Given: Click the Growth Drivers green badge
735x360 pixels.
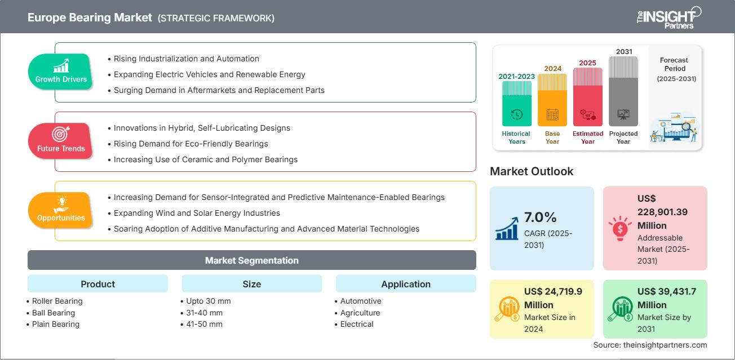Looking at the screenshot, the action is (60, 72).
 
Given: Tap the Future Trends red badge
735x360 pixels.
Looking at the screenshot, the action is (60, 141).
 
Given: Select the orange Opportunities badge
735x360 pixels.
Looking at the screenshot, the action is (60, 210).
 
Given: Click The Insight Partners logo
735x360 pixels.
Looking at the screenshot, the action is (668, 17).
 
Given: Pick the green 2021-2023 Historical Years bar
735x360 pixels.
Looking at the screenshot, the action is (516, 104).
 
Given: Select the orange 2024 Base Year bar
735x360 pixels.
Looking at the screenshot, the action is (552, 100).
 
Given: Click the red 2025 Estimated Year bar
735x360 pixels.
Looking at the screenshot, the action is (588, 97).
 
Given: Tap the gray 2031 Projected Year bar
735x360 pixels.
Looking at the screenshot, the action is (623, 91).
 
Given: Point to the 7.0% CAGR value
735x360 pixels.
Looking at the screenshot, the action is (541, 217).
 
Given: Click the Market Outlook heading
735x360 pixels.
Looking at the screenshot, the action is (532, 171).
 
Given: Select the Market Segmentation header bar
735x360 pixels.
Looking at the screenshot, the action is (252, 260).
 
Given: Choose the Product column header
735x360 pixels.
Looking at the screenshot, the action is (98, 283).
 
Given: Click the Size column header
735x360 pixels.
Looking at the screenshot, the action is (252, 283).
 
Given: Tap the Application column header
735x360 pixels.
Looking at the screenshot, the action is (406, 283).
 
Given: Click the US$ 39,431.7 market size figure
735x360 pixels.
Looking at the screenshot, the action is (667, 297).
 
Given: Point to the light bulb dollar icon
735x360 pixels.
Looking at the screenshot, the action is (620, 228).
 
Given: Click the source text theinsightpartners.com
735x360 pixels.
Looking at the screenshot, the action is (665, 345).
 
